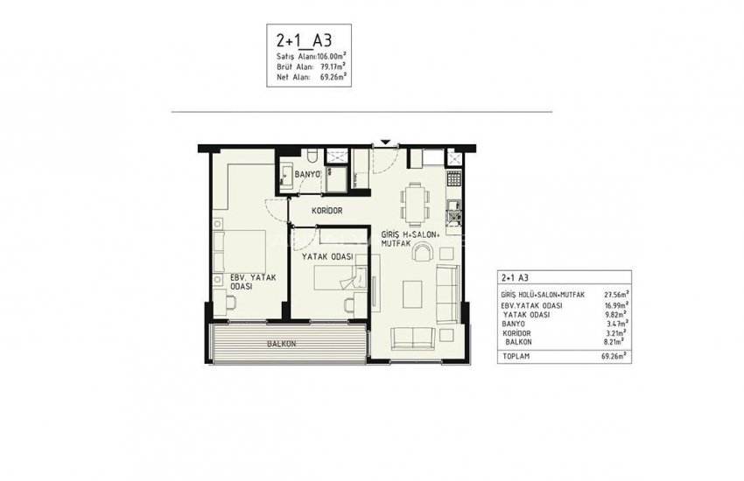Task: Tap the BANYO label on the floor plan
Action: [x=307, y=175]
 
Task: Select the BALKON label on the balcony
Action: [x=284, y=345]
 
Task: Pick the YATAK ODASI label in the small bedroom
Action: [x=327, y=256]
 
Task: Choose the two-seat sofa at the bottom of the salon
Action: [x=411, y=338]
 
